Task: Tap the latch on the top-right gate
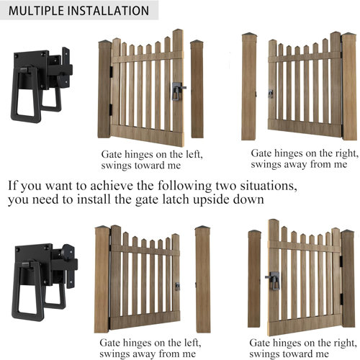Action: [271, 94]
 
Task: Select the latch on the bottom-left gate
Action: [177, 286]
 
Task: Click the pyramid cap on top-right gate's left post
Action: [251, 36]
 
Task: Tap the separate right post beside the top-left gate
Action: [197, 89]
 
